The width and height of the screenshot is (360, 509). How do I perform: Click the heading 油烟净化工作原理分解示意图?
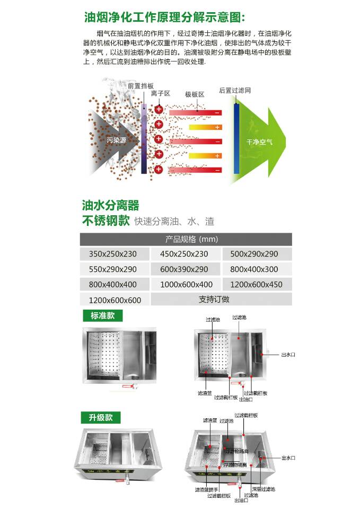click(x=165, y=17)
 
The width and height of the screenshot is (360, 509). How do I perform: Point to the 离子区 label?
click(x=160, y=93)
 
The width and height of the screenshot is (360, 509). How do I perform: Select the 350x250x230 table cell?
click(x=113, y=254)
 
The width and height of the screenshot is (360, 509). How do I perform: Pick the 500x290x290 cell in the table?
click(x=258, y=254)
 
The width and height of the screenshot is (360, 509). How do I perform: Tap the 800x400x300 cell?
click(x=258, y=269)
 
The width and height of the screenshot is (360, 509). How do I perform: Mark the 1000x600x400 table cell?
click(x=186, y=285)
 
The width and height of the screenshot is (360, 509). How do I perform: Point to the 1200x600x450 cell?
click(x=257, y=285)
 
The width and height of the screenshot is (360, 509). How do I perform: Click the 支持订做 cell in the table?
click(x=214, y=300)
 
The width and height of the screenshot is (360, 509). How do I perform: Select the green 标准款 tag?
click(x=102, y=316)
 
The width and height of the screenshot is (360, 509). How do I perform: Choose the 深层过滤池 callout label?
click(x=264, y=489)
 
